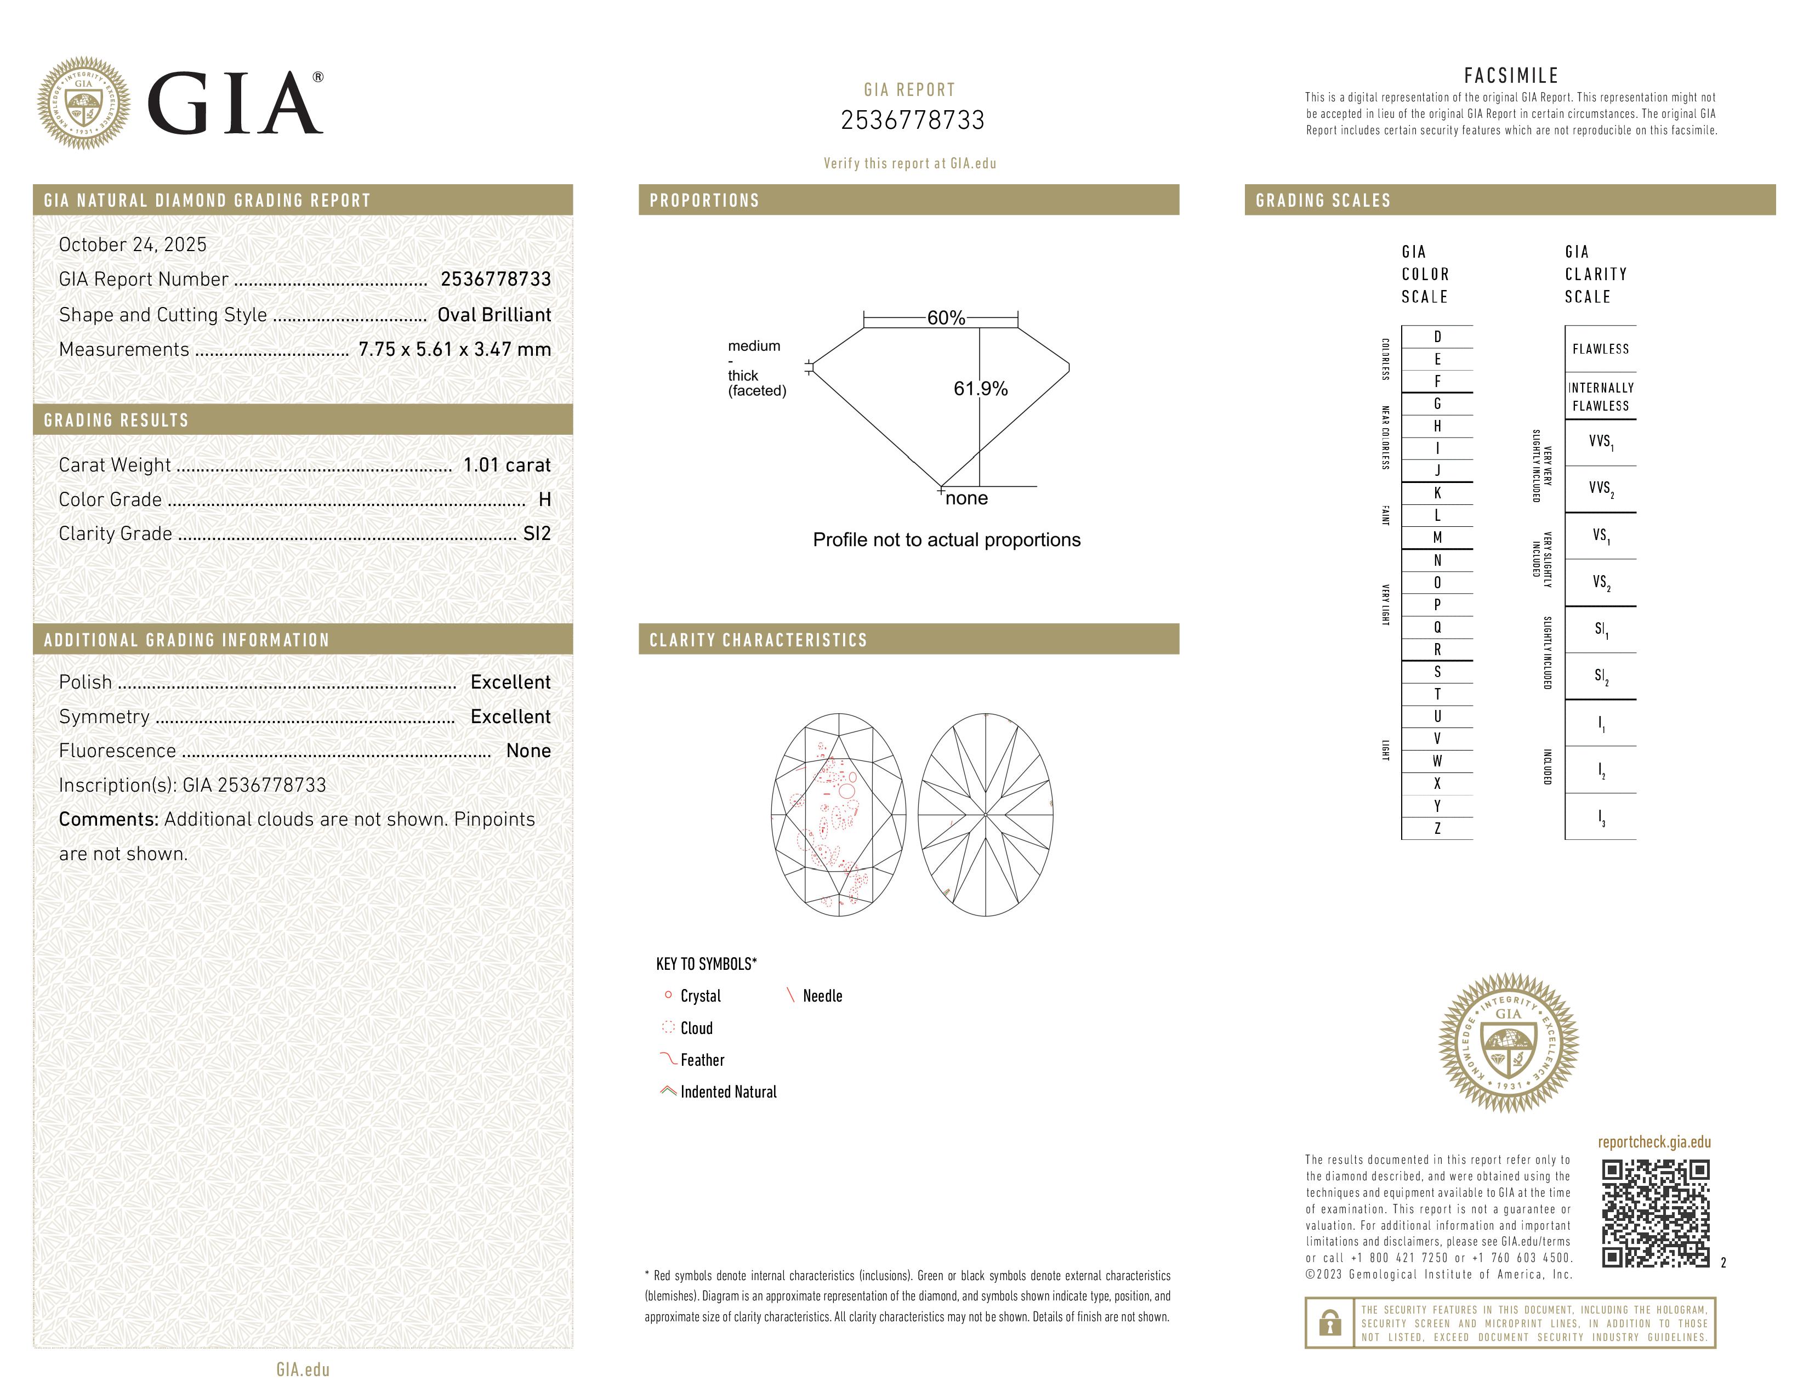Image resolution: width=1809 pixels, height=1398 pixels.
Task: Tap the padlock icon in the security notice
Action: click(x=1329, y=1323)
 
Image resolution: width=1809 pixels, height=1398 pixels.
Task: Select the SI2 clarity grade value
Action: click(x=537, y=533)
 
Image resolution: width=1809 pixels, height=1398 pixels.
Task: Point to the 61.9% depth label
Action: click(x=980, y=389)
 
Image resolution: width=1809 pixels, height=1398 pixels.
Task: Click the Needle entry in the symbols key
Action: click(x=822, y=996)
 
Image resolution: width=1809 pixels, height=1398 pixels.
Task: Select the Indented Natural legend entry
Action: click(x=728, y=1093)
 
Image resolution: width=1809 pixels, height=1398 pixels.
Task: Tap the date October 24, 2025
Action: click(x=133, y=245)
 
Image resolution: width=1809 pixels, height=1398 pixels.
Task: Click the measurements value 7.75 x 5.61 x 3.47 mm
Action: click(x=454, y=350)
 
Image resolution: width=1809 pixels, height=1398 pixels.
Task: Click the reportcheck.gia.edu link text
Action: click(x=1654, y=1142)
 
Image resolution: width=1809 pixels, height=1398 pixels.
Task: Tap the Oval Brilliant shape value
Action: click(x=494, y=315)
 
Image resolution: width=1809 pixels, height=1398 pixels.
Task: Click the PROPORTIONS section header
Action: click(x=704, y=201)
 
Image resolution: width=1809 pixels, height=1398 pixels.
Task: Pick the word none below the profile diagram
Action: click(x=966, y=498)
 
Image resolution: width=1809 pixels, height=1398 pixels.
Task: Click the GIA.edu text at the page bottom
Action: click(x=303, y=1370)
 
